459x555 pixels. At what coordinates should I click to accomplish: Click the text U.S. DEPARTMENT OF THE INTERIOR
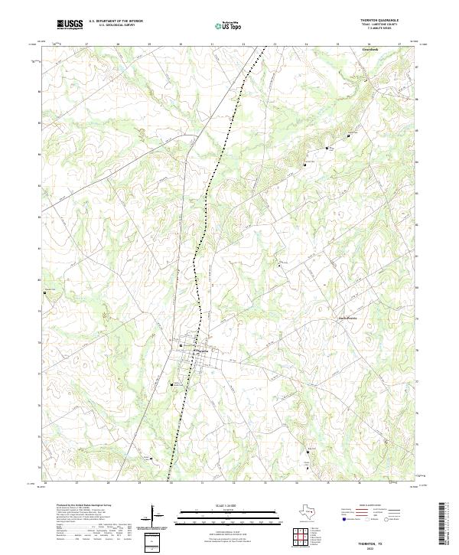[116, 21]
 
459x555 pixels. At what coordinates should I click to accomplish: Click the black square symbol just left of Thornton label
[181, 345]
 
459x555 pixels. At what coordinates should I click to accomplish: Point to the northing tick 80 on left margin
[39, 280]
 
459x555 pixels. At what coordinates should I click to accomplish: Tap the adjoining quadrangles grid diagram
[301, 539]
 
